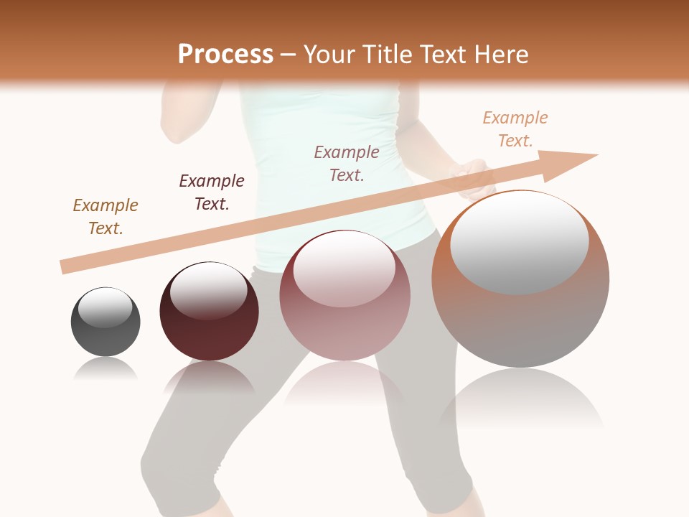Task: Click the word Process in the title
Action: [x=225, y=55]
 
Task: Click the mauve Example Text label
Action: [x=347, y=163]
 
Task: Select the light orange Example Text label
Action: [x=515, y=129]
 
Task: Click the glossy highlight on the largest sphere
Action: [x=520, y=243]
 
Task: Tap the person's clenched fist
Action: [x=472, y=180]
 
